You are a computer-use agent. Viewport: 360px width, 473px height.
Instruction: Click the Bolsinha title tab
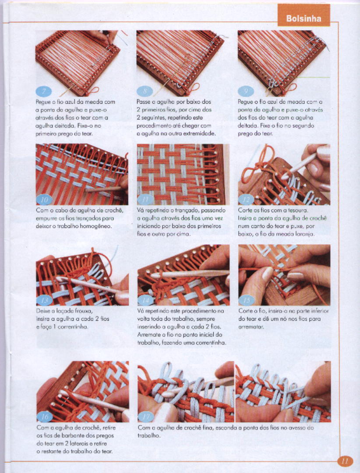pos(304,15)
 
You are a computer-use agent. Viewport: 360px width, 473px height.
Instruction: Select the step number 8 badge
pos(145,91)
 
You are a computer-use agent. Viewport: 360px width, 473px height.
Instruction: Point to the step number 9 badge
pos(246,91)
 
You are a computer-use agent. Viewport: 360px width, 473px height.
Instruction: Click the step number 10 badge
pos(44,200)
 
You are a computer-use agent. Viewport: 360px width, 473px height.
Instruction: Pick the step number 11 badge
pos(145,200)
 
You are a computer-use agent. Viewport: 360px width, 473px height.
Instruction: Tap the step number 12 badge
pos(247,200)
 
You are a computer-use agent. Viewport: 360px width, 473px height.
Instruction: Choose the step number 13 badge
pos(44,301)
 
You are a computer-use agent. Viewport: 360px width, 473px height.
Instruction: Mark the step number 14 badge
pos(145,301)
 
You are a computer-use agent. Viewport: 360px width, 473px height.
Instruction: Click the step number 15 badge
pos(247,301)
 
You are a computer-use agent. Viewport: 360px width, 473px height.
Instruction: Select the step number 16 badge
pos(44,417)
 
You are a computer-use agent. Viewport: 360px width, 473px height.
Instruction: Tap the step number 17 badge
pos(145,417)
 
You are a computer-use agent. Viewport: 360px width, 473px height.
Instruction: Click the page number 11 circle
pos(345,461)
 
